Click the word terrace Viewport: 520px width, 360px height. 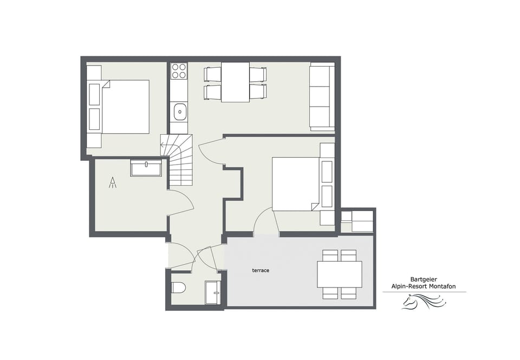[261, 271]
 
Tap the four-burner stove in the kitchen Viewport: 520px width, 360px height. [179, 70]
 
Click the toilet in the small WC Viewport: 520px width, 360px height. [179, 288]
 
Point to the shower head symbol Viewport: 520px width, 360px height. [113, 182]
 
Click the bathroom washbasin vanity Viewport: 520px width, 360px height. [146, 168]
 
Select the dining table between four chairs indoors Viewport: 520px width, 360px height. [235, 82]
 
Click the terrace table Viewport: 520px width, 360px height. [339, 274]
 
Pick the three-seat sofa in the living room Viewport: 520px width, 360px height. [322, 97]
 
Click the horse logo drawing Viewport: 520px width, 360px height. [424, 302]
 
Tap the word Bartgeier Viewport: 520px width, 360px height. [424, 280]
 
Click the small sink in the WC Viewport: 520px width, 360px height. [212, 292]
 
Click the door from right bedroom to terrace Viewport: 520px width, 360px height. [266, 222]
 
